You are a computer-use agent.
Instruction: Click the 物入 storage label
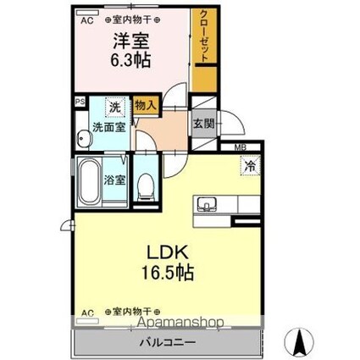tap(146, 106)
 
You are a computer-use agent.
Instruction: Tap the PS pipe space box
tap(80, 102)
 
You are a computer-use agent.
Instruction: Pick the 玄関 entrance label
tap(202, 124)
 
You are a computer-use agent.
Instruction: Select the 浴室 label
tap(115, 180)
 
